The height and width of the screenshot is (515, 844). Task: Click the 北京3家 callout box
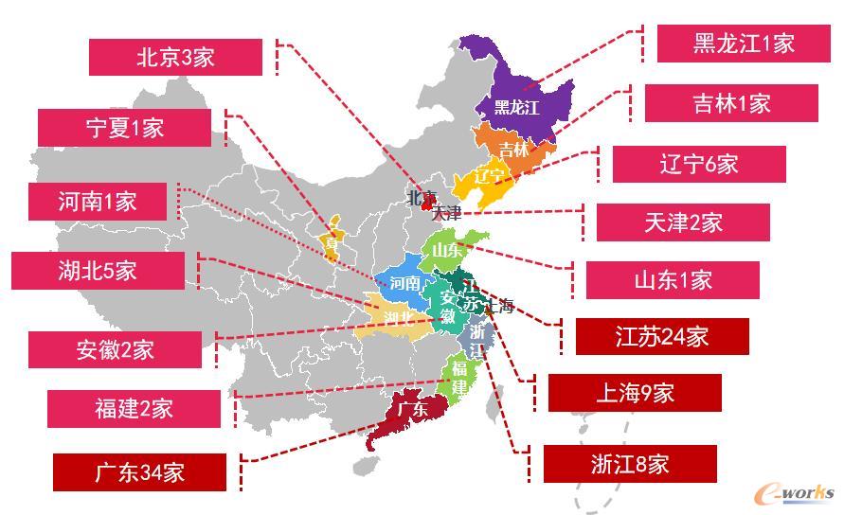[x=175, y=57]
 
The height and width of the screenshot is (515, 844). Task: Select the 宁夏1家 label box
[x=124, y=128]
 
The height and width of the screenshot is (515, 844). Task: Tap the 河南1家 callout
[x=98, y=202]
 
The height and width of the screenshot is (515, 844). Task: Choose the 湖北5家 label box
[x=98, y=270]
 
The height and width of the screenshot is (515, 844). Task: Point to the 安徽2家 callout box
[x=116, y=349]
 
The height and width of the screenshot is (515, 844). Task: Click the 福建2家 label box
[x=134, y=408]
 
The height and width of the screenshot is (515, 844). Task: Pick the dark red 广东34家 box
[x=139, y=472]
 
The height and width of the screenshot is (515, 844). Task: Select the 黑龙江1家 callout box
[x=744, y=43]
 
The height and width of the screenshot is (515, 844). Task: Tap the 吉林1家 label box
[x=731, y=103]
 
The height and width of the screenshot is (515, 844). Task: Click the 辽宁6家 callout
[x=699, y=164]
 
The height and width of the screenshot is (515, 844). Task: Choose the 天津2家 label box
[x=683, y=222]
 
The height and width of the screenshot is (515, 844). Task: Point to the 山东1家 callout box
[x=673, y=280]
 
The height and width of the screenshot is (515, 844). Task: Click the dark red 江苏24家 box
[x=663, y=336]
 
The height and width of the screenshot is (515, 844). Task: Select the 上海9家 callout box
[x=636, y=393]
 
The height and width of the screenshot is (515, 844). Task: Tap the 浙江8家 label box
[x=630, y=464]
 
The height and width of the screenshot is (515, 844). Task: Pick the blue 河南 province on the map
[x=403, y=281]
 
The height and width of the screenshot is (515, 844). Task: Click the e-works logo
[x=794, y=493]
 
